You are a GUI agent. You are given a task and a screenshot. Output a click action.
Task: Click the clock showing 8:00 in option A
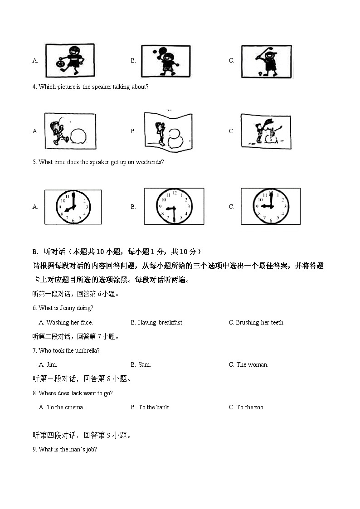coord(73,207)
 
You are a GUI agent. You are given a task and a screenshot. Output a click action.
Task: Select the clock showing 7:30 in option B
coord(174,207)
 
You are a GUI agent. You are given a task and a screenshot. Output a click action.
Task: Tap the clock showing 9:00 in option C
coord(270,206)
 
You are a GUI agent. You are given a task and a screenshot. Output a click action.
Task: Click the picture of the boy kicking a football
coord(70,61)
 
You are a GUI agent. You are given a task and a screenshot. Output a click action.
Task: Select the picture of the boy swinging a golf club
coord(266,62)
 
